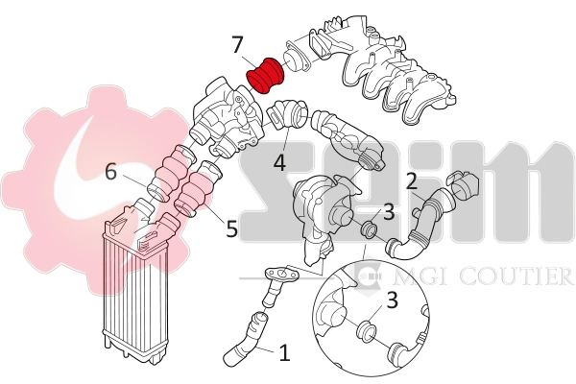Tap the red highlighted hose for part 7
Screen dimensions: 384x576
click(264, 75)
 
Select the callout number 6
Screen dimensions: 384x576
click(111, 172)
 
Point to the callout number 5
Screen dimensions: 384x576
click(230, 229)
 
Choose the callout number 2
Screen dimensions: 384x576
click(411, 180)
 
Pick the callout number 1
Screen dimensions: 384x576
click(284, 352)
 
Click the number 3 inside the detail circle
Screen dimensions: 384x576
click(392, 300)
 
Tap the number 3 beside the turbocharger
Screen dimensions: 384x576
click(389, 211)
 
